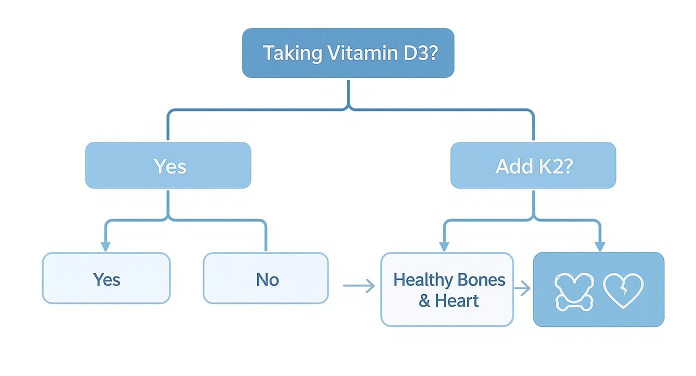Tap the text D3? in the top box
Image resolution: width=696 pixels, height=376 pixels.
(x=418, y=53)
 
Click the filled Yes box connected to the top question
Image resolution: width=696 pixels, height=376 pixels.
(x=168, y=165)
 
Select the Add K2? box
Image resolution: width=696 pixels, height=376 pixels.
(x=533, y=165)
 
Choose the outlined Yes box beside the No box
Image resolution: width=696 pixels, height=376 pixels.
(x=106, y=278)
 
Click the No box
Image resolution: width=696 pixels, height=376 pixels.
(x=266, y=278)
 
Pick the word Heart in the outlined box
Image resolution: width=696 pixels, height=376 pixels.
(x=457, y=300)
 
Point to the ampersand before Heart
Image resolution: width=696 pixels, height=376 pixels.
(x=424, y=300)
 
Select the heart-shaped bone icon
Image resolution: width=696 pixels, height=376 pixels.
(x=573, y=290)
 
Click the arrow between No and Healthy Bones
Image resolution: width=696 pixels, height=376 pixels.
(x=359, y=286)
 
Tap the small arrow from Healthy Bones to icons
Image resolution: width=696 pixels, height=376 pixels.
(x=523, y=288)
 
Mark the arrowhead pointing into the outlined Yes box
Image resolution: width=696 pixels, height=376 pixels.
(x=105, y=246)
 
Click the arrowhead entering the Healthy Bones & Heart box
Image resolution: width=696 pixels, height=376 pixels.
(x=443, y=246)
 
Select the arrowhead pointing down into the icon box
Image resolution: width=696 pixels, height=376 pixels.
(x=600, y=246)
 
